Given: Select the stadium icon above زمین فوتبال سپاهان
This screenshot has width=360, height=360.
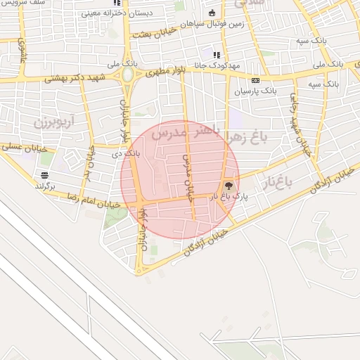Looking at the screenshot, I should click(212, 13).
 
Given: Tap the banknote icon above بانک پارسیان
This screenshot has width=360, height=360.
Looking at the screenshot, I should click(255, 80).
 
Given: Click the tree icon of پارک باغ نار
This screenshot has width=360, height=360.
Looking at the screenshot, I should click(229, 186).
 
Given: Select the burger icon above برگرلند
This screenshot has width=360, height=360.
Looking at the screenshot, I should click(45, 175).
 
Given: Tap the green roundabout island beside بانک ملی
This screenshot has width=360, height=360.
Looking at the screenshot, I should click(128, 75).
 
